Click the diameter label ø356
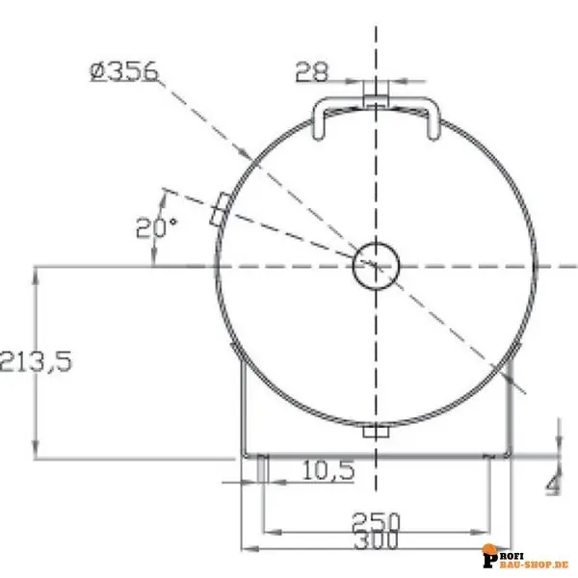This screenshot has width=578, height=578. pyautogui.click(x=124, y=71)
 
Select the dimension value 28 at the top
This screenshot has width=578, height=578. pyautogui.click(x=311, y=72)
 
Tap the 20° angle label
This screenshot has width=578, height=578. pyautogui.click(x=156, y=227)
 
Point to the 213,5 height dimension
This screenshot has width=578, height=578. pyautogui.click(x=37, y=361)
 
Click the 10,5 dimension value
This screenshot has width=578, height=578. pyautogui.click(x=328, y=470)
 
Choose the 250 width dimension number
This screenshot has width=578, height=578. pyautogui.click(x=376, y=521)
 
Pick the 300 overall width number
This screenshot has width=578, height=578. pyautogui.click(x=376, y=540)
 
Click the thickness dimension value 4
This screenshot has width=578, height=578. pyautogui.click(x=554, y=484)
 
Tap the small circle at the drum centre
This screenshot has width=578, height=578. pyautogui.click(x=376, y=266)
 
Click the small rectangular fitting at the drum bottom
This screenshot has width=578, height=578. pyautogui.click(x=376, y=431)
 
